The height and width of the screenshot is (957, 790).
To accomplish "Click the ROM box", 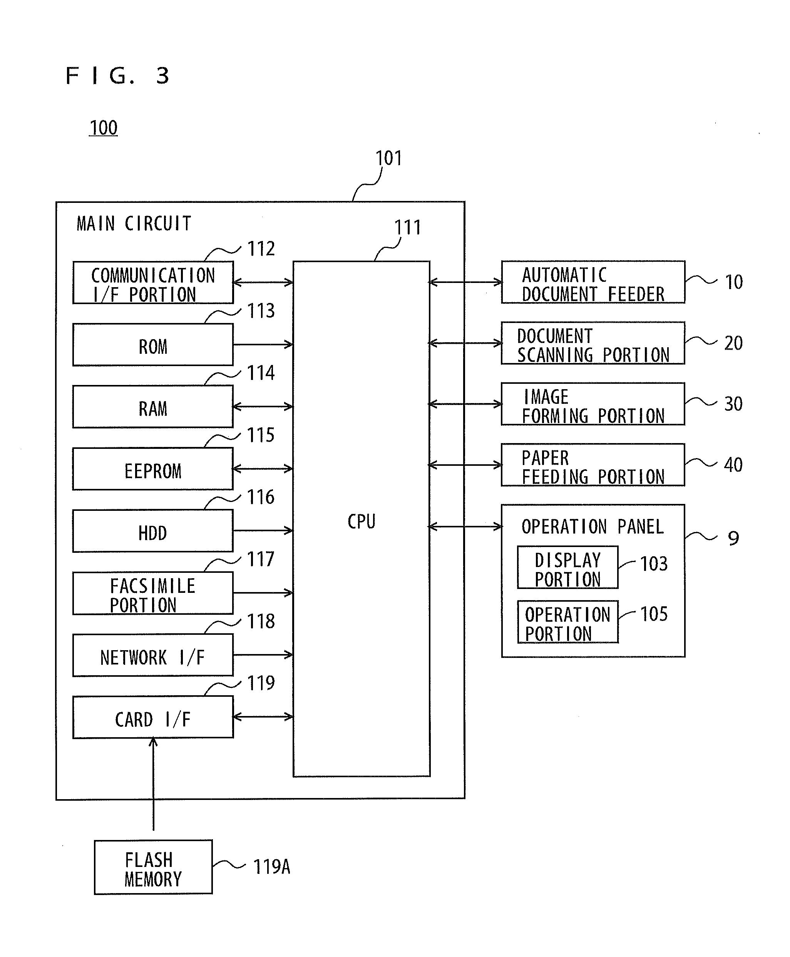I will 153,345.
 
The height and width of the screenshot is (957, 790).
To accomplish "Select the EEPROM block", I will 153,469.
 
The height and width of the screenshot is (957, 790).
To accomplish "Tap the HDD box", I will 153,530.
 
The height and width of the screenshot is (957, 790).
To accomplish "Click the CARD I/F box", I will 153,717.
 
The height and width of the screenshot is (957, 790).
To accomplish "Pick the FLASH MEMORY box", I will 153,867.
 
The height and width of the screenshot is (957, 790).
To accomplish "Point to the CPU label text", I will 362,522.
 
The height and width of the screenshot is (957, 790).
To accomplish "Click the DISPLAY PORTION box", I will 567,567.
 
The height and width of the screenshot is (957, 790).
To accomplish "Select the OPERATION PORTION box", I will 567,622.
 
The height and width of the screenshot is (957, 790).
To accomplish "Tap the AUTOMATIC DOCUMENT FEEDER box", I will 593,282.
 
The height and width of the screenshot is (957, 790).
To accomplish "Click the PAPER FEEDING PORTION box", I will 593,465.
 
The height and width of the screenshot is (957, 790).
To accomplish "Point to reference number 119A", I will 271,867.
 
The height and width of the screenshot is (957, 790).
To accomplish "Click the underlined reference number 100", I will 103,128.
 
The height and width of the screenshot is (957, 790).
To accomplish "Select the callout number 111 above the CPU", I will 407,228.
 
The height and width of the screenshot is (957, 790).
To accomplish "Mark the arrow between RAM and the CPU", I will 263,407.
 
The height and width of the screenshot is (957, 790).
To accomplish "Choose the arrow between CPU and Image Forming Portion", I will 465,404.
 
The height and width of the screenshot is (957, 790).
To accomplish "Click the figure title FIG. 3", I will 117,75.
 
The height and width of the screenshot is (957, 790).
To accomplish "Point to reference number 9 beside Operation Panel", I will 733,538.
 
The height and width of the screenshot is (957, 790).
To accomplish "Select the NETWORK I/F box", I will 153,655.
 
